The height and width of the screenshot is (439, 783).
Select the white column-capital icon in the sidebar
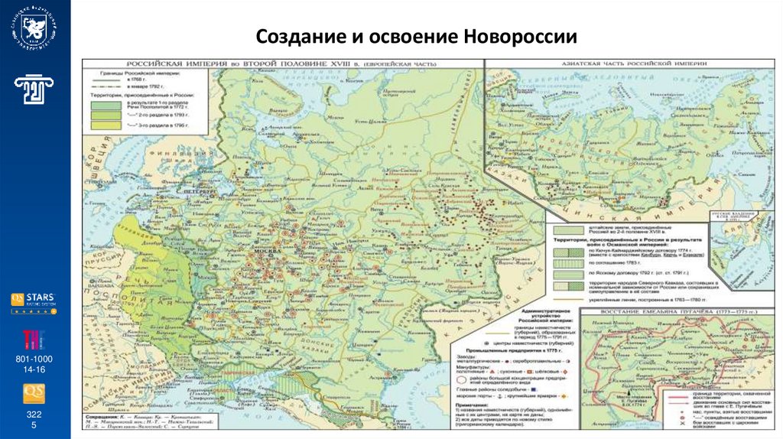[x=34, y=90]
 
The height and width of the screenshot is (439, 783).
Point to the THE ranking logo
[x=34, y=337]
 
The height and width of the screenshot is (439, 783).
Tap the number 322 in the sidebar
[x=34, y=413]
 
